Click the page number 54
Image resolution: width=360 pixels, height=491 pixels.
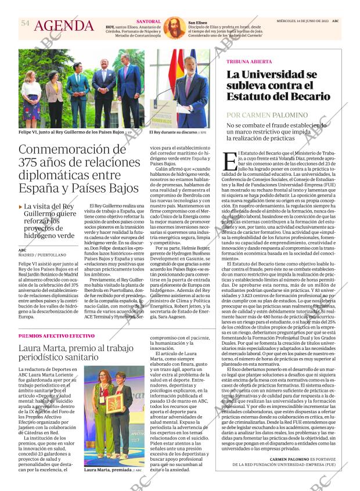25,23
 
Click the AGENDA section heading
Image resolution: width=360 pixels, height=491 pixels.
64,26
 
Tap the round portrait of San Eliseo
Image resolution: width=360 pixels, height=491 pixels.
172,28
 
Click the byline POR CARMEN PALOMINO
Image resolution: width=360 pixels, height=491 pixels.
264,115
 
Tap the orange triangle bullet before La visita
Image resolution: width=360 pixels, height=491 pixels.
21,207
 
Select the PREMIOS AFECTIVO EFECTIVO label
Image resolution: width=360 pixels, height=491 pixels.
56,336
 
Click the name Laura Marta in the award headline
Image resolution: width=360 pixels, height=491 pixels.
45,349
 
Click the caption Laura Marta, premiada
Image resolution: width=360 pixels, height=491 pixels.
108,470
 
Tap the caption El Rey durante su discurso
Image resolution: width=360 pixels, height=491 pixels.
173,132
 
